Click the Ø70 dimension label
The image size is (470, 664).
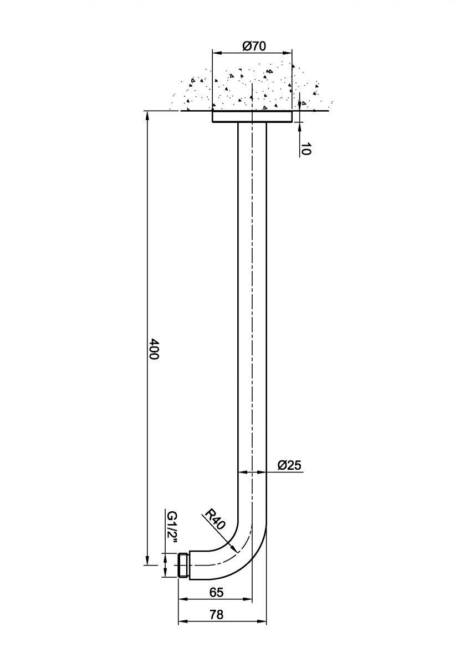(254, 46)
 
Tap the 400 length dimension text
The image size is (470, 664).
(154, 349)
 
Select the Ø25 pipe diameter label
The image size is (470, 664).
(289, 465)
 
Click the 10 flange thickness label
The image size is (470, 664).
(306, 148)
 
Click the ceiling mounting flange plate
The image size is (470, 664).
(252, 116)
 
